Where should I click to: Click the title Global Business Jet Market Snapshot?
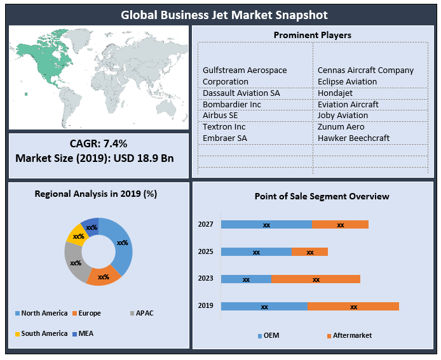pyautogui.click(x=220, y=14)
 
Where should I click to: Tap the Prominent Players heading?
pyautogui.click(x=312, y=35)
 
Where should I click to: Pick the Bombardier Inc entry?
pyautogui.click(x=232, y=104)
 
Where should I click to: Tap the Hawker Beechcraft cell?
pyautogui.click(x=353, y=138)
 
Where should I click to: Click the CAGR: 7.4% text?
pyautogui.click(x=98, y=144)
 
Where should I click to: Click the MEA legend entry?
pyautogui.click(x=84, y=333)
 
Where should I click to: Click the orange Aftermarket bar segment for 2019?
pyautogui.click(x=353, y=306)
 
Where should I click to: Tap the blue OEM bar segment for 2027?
pyautogui.click(x=266, y=224)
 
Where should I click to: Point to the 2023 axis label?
pyautogui.click(x=205, y=278)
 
